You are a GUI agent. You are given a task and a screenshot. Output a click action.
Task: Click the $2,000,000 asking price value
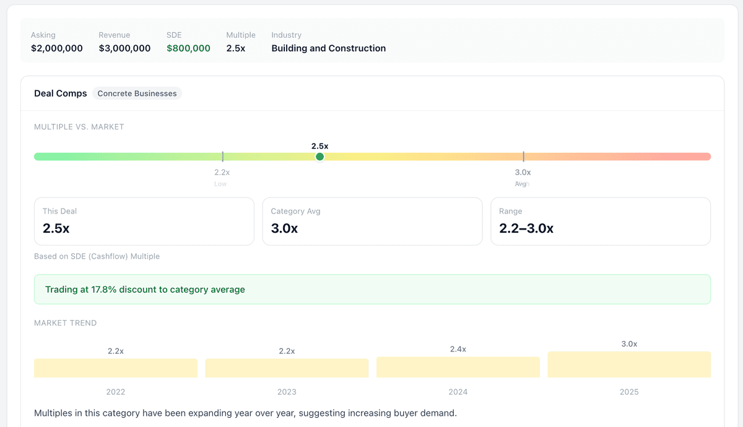pos(57,48)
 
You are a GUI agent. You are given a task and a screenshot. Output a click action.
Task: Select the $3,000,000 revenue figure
pos(124,48)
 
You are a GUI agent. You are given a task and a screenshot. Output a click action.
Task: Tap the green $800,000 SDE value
pos(188,48)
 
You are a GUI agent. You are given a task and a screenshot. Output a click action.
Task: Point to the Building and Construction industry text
pos(328,48)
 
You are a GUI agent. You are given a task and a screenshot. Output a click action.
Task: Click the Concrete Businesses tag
pos(137,93)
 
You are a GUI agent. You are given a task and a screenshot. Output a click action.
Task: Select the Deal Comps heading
pos(61,93)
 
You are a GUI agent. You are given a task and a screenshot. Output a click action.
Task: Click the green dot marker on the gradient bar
pos(319,157)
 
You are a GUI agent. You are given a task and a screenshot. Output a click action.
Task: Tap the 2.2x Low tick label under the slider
pos(222,173)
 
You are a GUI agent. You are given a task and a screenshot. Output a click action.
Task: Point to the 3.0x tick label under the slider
pos(523,173)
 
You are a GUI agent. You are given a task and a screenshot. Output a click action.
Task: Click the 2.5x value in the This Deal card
pos(56,228)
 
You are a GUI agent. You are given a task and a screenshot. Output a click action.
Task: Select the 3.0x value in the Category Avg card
pos(285,228)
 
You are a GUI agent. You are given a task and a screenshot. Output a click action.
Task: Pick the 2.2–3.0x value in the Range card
pos(526,228)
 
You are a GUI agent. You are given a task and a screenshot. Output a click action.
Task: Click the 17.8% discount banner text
pos(145,290)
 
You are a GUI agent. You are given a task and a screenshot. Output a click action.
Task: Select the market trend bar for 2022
pos(116,368)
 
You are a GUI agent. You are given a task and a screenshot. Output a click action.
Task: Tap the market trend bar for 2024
pos(458,367)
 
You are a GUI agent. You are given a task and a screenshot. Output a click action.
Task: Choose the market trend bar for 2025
pos(629,364)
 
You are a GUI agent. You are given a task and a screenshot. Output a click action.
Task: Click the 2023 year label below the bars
pos(287,392)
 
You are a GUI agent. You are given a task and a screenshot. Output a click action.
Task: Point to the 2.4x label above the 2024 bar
pos(458,349)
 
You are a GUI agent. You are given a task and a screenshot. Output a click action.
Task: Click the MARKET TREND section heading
pos(66,323)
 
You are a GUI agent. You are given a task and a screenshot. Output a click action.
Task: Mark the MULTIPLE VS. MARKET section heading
pos(79,127)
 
